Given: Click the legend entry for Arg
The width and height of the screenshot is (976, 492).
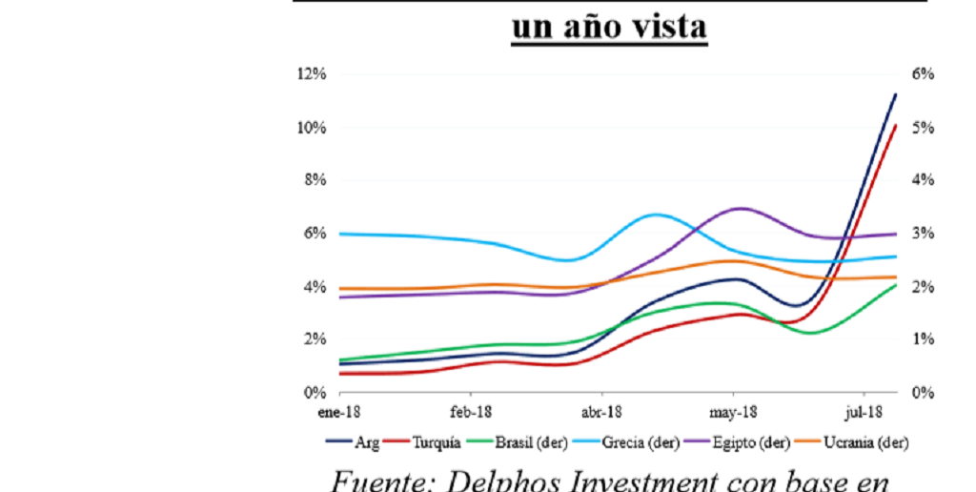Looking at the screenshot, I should tap(354, 441).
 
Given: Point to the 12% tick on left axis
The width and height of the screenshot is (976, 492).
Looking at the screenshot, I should tap(314, 74).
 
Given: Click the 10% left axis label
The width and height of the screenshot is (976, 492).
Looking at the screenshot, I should tap(314, 128).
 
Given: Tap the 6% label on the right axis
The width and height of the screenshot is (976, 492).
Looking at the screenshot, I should tap(924, 74).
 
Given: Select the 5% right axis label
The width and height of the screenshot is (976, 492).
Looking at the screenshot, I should tap(924, 128).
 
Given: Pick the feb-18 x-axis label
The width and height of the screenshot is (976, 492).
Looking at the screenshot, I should tap(470, 411).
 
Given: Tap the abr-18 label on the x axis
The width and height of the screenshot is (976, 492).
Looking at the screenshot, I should tap(600, 411).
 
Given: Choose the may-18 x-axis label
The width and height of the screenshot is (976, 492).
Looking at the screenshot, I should tap(732, 411).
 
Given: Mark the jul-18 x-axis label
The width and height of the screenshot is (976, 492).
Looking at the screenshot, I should tap(864, 411).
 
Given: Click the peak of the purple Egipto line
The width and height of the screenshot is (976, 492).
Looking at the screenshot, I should tap(741, 208).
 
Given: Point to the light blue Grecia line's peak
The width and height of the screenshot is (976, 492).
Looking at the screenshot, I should tap(657, 215).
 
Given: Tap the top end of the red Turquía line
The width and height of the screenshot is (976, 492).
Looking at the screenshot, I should tap(896, 125).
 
